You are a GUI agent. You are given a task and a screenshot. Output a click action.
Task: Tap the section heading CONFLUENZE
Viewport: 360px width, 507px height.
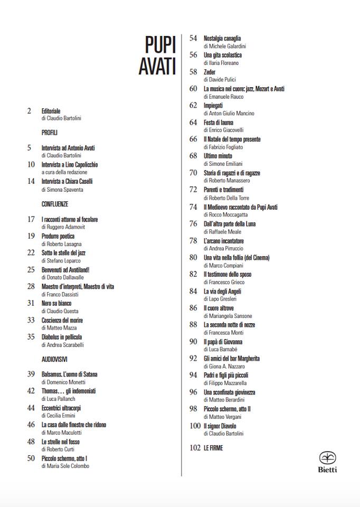coord(55,203)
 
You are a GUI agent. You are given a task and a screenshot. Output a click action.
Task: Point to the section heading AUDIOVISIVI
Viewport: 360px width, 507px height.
coord(54,359)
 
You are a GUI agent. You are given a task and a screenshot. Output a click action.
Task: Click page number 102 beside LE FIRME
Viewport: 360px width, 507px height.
coord(194,448)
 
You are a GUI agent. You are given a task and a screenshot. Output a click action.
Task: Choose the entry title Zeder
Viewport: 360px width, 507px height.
coord(210,72)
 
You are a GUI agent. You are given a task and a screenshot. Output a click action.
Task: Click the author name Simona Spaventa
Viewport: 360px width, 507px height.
coord(65,189)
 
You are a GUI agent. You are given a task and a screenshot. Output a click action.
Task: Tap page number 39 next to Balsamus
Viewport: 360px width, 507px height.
coord(31,374)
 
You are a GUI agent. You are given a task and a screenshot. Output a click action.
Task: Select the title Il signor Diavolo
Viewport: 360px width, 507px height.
coord(220,426)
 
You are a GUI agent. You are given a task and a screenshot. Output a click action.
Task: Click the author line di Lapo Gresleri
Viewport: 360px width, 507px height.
coord(220,299)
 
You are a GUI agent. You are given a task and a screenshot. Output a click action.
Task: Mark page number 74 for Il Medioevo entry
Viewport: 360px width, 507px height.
coord(193,207)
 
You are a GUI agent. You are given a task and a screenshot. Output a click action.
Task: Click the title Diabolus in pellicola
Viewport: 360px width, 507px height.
coord(62,337)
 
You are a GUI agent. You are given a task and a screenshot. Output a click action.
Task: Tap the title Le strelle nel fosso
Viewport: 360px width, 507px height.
coord(61,442)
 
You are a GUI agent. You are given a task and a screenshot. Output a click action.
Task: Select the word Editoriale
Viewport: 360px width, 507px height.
coord(53,111)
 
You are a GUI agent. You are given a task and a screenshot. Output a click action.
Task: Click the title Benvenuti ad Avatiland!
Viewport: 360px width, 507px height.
coord(65,269)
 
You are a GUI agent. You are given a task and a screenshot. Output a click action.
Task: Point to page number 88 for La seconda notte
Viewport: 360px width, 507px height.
coord(193,324)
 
